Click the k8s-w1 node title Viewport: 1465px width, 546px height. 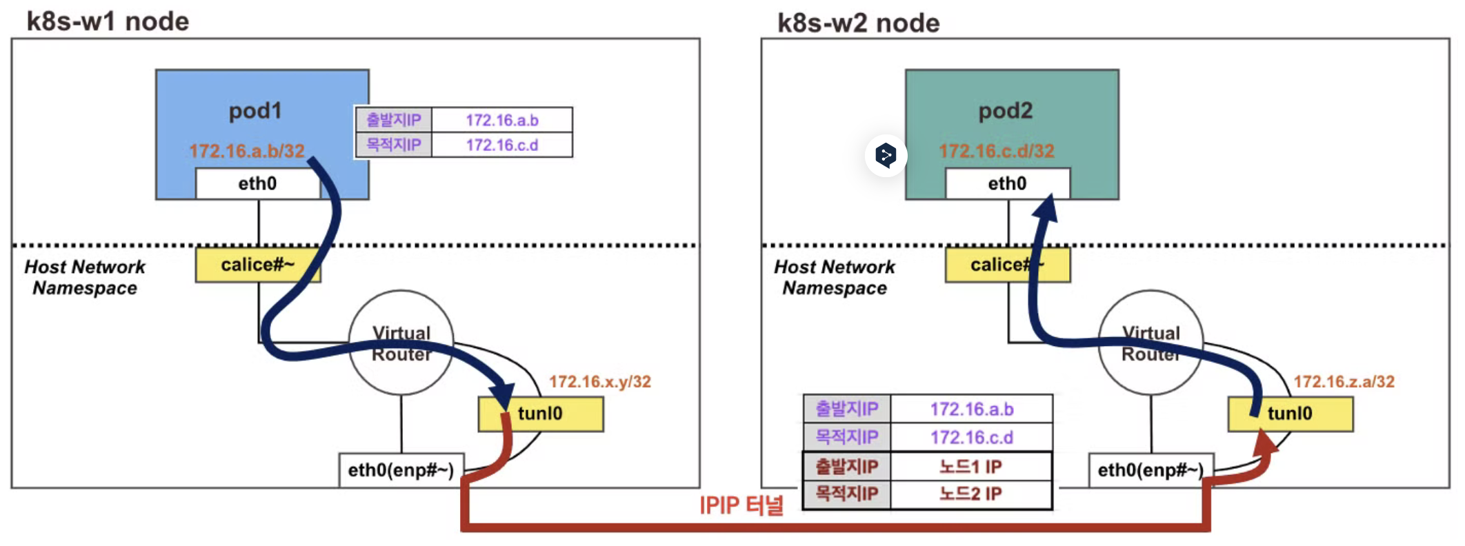coord(108,21)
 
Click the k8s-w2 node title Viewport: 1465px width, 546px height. coord(858,23)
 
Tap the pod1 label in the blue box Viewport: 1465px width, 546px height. coord(255,111)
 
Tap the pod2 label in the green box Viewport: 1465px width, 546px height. coord(1006,111)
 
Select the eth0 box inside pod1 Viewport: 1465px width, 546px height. coord(258,183)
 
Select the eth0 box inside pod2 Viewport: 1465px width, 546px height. coord(1008,183)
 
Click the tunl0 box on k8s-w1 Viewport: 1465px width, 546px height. coord(541,414)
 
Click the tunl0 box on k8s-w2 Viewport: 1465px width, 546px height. coord(1290,414)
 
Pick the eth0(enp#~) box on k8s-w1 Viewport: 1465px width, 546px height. coord(401,470)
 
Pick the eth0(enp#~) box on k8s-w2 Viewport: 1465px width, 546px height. coord(1151,470)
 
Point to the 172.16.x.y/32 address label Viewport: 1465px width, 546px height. coord(600,382)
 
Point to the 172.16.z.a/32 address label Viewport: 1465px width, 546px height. coord(1344,382)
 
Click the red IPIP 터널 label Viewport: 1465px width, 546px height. coord(741,505)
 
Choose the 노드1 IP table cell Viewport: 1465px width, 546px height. coord(971,467)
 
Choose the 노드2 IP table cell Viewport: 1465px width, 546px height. coord(971,494)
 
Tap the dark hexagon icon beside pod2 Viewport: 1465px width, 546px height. coord(886,155)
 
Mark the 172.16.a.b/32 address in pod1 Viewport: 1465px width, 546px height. coord(247,151)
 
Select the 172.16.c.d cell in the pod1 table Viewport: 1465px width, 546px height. coord(502,145)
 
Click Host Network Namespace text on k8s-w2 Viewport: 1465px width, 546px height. coord(835,277)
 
